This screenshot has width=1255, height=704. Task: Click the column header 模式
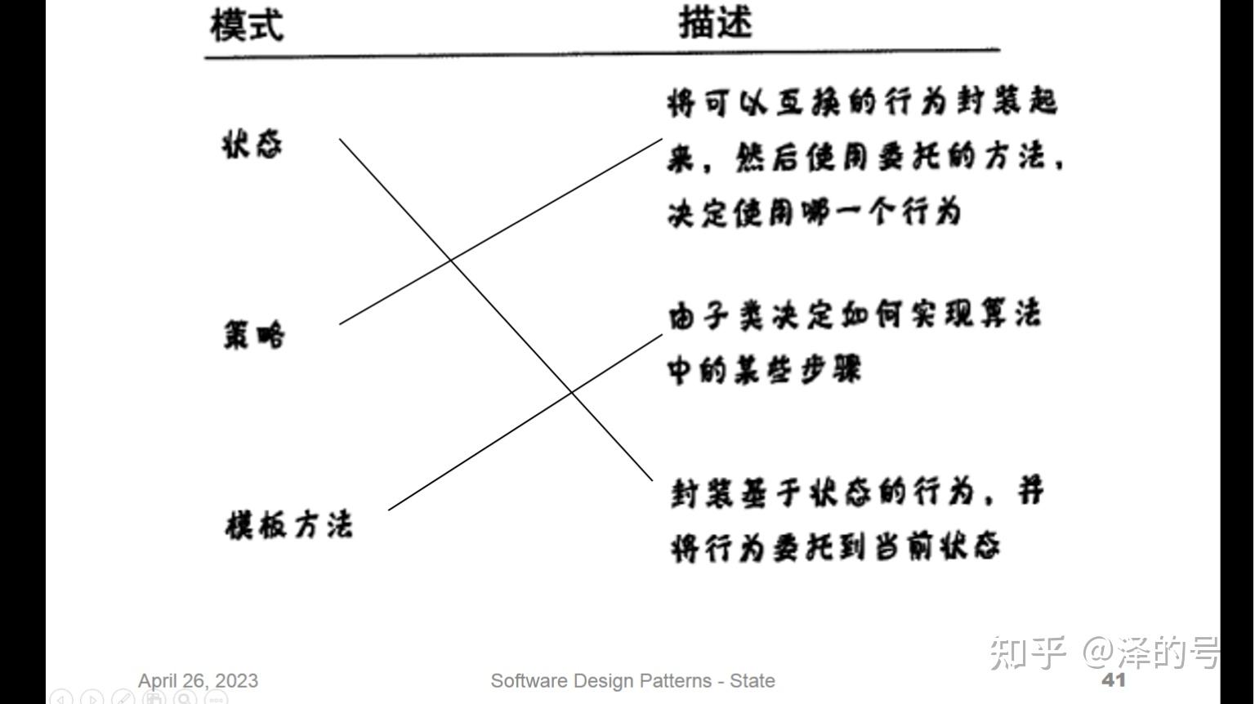point(247,25)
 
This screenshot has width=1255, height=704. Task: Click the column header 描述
point(715,23)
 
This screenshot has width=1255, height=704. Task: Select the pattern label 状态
point(252,145)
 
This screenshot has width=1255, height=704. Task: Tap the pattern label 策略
point(254,335)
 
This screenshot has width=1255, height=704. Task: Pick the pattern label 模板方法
point(288,524)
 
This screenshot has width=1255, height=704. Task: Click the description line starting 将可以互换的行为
point(862,103)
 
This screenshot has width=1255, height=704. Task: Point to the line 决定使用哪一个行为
point(814,212)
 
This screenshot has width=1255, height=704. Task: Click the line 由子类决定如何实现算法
point(854,315)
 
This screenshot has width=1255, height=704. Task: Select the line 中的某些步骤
point(764,370)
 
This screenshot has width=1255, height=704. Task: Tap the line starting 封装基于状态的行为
point(856,492)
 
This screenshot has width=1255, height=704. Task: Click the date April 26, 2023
point(198,680)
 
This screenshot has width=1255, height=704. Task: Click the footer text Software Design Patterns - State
point(632,680)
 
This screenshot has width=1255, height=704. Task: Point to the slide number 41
point(1114,679)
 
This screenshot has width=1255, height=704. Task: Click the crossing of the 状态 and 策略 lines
point(450,261)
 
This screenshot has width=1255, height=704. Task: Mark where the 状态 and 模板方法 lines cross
point(571,393)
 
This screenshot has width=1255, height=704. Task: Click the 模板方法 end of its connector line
point(389,510)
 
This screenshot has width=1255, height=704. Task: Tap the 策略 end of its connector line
point(340,323)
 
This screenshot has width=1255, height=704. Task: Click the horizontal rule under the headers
point(601,54)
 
